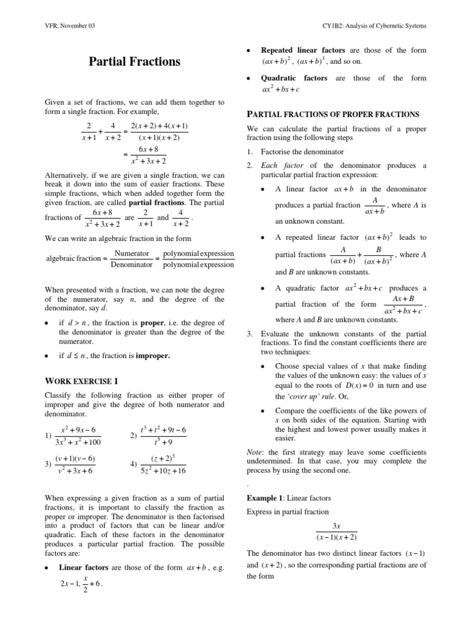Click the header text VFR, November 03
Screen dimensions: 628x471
71,25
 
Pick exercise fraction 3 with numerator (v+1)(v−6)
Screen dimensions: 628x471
75,464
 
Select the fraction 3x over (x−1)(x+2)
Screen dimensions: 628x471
336,532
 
